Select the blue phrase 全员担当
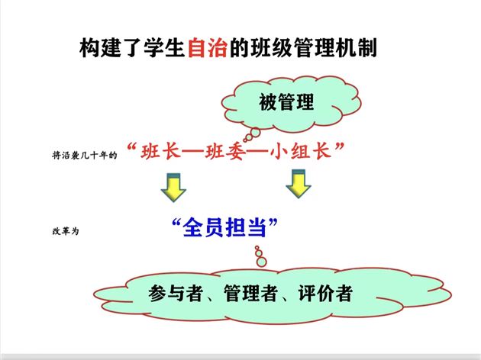[x=224, y=227]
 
